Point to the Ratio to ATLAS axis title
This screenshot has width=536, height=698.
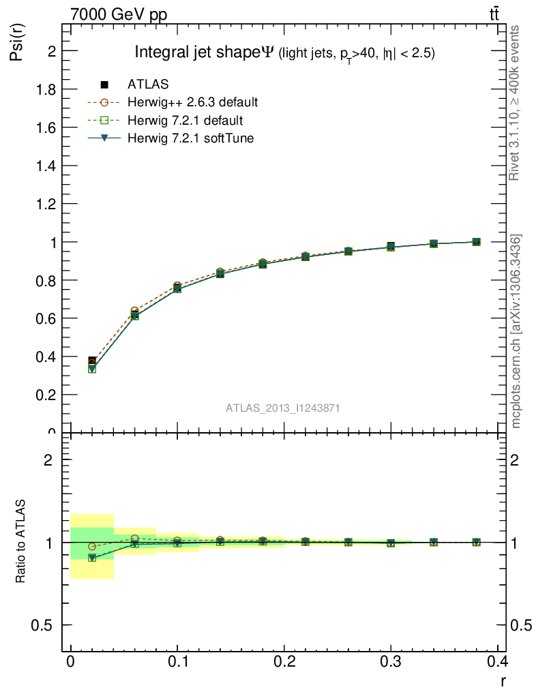tap(21, 541)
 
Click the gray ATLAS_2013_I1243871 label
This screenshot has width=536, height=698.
tap(283, 408)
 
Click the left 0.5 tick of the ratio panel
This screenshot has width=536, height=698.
tap(43, 625)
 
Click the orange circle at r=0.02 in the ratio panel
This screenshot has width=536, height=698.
tap(92, 547)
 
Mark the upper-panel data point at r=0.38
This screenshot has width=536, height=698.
tap(476, 242)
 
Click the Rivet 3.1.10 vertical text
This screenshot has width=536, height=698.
tap(515, 103)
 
